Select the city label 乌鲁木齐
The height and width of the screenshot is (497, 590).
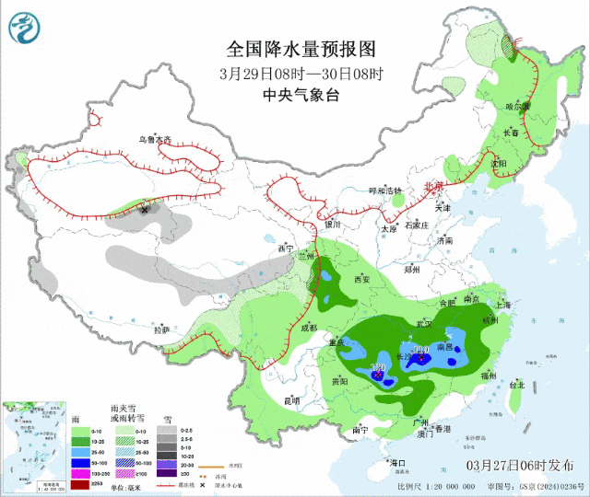click(155, 140)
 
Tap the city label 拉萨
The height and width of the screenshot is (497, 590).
click(161, 329)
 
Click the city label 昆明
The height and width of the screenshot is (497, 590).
click(291, 400)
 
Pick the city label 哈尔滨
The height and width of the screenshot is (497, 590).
click(519, 107)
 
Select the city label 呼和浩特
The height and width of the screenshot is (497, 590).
click(385, 191)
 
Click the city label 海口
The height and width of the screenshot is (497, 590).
click(398, 462)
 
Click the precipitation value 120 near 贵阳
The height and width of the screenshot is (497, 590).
click(377, 367)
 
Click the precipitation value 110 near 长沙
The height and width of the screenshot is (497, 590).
click(421, 350)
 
